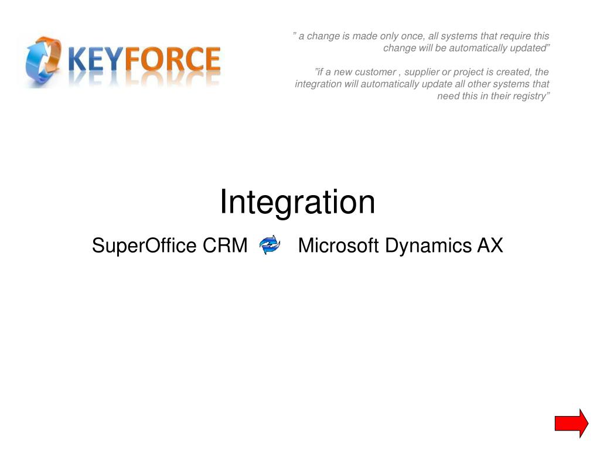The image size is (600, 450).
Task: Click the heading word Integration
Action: coord(297,202)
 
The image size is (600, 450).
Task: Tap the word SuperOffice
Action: coord(144,246)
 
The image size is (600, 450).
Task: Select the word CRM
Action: coord(225,246)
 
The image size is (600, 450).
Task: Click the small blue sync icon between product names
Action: coord(270,245)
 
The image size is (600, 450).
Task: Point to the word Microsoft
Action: coord(338,246)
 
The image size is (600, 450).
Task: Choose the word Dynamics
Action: coord(428,246)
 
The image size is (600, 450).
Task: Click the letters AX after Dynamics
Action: coord(490,246)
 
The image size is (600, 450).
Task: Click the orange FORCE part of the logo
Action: coord(173,59)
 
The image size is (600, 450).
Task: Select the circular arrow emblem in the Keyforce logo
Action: coord(43,60)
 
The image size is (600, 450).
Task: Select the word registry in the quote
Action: coord(530,96)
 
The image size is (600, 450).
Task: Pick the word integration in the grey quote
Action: coord(318,84)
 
